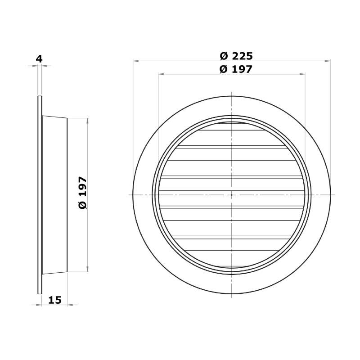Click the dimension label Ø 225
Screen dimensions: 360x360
coord(236,56)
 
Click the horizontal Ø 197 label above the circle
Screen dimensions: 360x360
coord(236,69)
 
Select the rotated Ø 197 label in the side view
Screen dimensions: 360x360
coord(83,193)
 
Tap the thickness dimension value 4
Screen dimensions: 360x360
coord(39,59)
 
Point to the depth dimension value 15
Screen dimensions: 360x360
coord(55,300)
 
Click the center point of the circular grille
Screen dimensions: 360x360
coord(232,195)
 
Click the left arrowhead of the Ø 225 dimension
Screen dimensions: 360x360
coord(135,61)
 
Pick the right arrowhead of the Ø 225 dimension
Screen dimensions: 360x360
coord(328,61)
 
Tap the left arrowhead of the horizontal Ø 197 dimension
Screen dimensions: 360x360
coord(161,74)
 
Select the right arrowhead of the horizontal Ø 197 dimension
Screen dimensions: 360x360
coord(302,74)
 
